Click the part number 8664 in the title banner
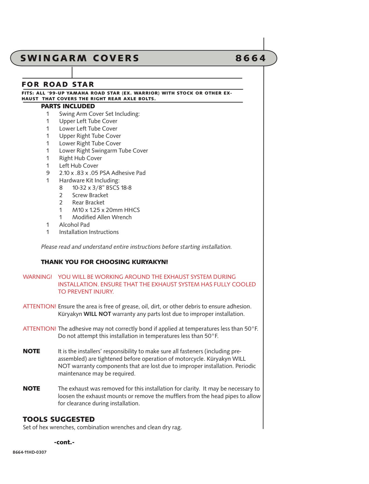pyautogui.click(x=250, y=58)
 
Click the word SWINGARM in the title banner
pyautogui.click(x=54, y=58)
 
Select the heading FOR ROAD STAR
pyautogui.click(x=58, y=84)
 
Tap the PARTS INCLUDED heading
pyautogui.click(x=68, y=106)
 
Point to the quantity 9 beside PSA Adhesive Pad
pyautogui.click(x=48, y=173)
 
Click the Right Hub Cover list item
pyautogui.click(x=80, y=158)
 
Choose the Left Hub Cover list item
pyautogui.click(x=79, y=166)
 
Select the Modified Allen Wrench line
pyautogui.click(x=102, y=217)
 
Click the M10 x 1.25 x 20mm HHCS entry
pyautogui.click(x=106, y=210)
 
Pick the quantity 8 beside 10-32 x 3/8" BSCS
pyautogui.click(x=61, y=188)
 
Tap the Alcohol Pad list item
pyautogui.click(x=74, y=225)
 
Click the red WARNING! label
pyautogui.click(x=37, y=277)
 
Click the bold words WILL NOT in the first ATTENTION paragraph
pyautogui.click(x=97, y=314)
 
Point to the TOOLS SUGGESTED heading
pyautogui.click(x=59, y=419)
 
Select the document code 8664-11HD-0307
pyautogui.click(x=30, y=452)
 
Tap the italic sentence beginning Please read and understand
pyautogui.click(x=136, y=247)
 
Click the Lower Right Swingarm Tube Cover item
pyautogui.click(x=104, y=151)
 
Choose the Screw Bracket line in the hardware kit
pyautogui.click(x=90, y=195)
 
